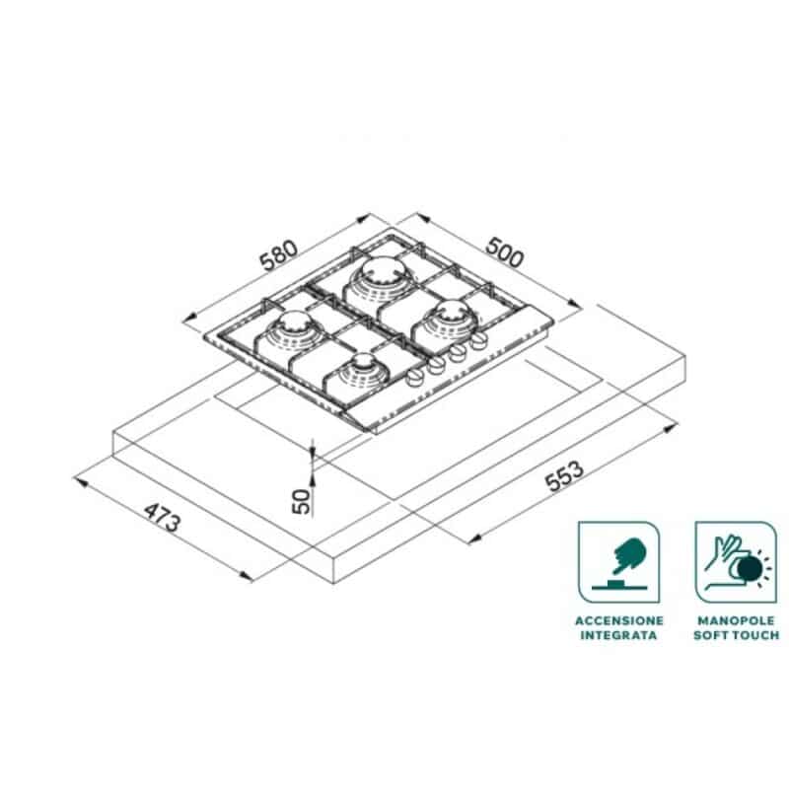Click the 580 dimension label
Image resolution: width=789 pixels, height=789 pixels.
279,255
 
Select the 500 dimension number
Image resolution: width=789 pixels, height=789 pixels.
505,251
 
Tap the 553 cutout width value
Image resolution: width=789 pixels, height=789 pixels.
565,475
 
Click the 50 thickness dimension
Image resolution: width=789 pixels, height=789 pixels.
302,501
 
